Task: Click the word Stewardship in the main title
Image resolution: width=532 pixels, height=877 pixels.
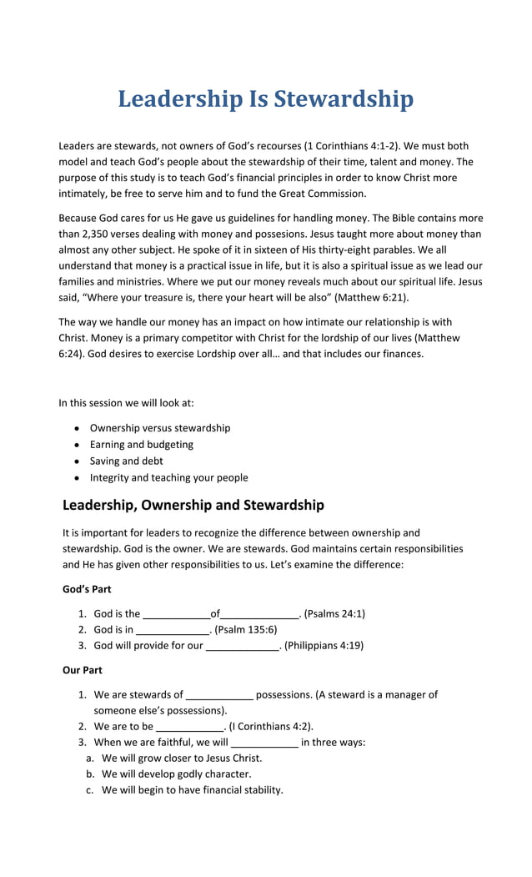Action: [344, 99]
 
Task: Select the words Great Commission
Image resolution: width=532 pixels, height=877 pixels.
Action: [319, 194]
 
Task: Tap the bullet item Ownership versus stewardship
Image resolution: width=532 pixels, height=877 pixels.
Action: [160, 428]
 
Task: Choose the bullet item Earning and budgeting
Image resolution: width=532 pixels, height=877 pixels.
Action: [141, 445]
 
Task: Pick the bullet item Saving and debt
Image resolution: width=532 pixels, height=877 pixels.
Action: [127, 461]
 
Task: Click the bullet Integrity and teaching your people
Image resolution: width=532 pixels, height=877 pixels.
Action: [168, 478]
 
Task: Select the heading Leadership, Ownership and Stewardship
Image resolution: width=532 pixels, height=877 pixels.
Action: [193, 506]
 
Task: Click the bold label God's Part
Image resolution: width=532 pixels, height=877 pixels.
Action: [87, 589]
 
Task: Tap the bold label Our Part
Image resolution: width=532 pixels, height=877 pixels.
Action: [83, 670]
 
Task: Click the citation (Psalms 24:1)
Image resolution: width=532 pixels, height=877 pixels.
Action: [334, 614]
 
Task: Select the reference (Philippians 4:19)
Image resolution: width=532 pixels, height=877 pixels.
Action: [324, 646]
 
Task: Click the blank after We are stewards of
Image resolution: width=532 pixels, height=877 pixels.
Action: [219, 695]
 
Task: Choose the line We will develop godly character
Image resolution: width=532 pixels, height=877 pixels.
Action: [176, 774]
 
